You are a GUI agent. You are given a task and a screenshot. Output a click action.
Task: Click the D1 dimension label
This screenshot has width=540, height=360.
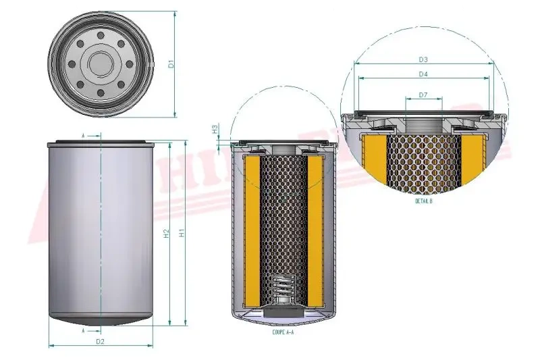pos(171,64)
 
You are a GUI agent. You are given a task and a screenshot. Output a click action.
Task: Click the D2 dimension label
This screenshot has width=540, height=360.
pos(100,342)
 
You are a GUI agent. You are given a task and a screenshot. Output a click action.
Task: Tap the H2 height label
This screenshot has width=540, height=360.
pos(167,233)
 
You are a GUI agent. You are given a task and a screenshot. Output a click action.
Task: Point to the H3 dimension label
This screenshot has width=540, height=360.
pos(214,128)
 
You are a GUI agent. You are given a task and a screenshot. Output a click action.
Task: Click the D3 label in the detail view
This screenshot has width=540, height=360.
pos(423,60)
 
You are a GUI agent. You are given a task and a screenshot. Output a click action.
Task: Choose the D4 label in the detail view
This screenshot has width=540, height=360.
pos(423,74)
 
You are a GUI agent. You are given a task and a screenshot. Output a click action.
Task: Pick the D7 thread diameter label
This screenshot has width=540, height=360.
pos(423,95)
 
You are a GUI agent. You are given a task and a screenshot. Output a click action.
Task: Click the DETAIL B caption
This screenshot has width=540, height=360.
pos(423,201)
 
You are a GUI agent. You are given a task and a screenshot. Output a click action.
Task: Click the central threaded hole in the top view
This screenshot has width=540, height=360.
pos(100,64)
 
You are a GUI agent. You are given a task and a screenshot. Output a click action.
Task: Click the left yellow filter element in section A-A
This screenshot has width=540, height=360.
pos(252,230)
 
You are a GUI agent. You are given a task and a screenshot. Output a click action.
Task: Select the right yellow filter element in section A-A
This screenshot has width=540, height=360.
pos(315,230)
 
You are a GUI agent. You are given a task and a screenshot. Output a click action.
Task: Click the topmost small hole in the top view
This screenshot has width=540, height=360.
pos(100,35)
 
